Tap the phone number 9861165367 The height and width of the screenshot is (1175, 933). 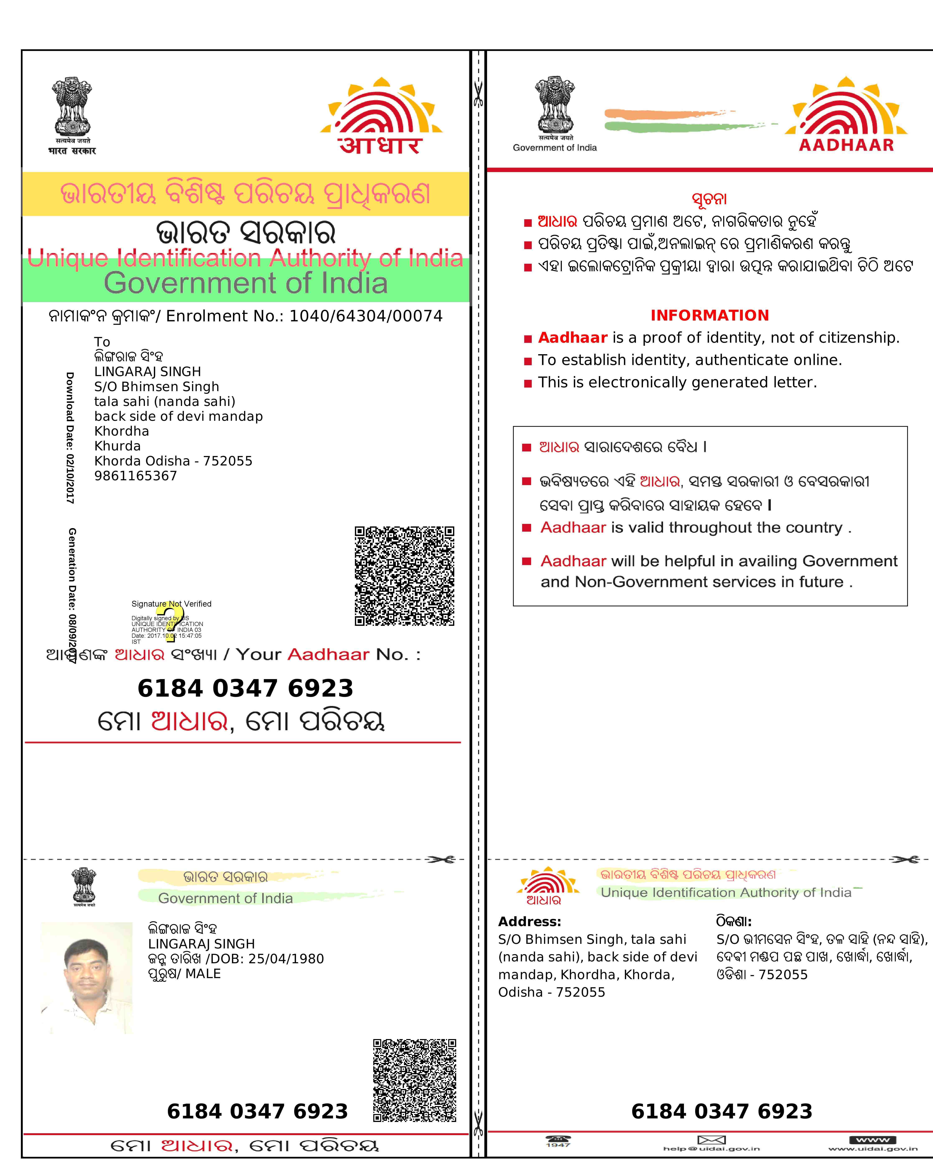point(136,476)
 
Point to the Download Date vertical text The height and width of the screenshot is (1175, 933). point(70,438)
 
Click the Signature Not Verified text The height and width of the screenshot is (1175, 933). point(171,604)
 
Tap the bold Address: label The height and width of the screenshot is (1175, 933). point(529,921)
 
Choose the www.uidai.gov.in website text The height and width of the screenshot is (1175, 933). point(872,1149)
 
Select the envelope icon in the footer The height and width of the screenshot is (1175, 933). point(711,1140)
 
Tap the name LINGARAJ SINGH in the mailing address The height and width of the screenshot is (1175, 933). point(148,372)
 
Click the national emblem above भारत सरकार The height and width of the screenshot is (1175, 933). point(72,106)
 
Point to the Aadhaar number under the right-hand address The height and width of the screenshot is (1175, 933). point(722,1111)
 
